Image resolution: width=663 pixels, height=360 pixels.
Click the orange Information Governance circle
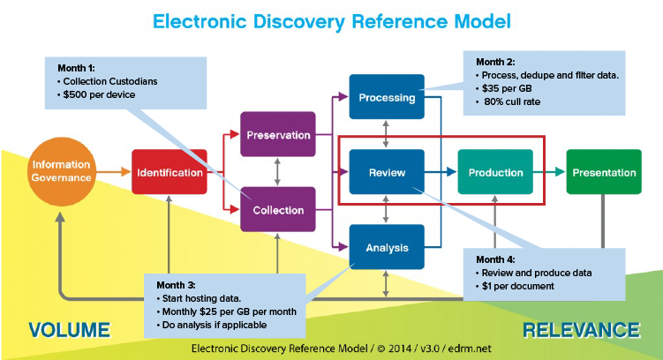point(61,172)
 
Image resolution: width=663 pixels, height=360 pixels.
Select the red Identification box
point(169,173)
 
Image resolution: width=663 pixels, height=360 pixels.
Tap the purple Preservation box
point(277,135)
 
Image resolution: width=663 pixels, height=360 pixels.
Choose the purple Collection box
point(277,210)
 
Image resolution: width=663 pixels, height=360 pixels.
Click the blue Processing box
point(387,97)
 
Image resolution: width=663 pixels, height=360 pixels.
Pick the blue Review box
point(387,173)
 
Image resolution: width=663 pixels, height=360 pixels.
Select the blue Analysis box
point(387,248)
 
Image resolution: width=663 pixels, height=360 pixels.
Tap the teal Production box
point(496,173)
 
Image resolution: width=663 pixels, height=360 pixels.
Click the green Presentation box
point(604,173)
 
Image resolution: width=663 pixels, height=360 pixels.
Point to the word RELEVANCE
point(581,330)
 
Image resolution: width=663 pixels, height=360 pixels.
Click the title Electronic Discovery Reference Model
point(331,20)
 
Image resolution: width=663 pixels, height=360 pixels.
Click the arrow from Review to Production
point(440,173)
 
